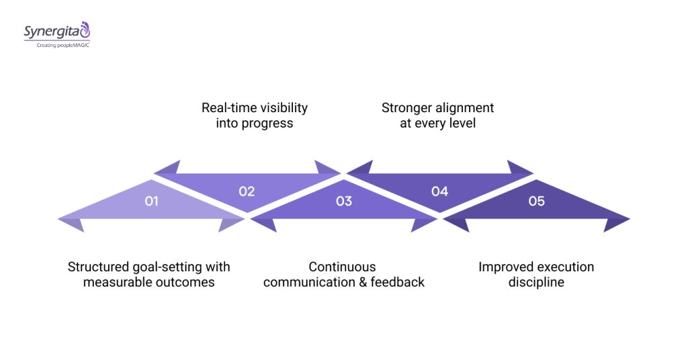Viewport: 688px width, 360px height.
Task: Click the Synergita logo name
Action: coord(51,32)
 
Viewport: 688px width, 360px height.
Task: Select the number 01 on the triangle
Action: coord(151,201)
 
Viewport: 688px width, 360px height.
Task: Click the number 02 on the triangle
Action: coord(247,191)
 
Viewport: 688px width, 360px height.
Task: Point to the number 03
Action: coord(343,201)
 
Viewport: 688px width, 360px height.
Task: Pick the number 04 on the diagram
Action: coord(439,191)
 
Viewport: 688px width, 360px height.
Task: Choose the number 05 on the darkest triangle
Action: coord(536,201)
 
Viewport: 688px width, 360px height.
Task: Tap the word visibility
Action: coord(283,108)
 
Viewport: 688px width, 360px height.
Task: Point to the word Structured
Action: coord(97,267)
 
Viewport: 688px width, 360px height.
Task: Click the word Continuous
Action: coord(343,267)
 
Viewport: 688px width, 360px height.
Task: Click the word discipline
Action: coord(536,282)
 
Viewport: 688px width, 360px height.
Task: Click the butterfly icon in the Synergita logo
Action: coord(84,30)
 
